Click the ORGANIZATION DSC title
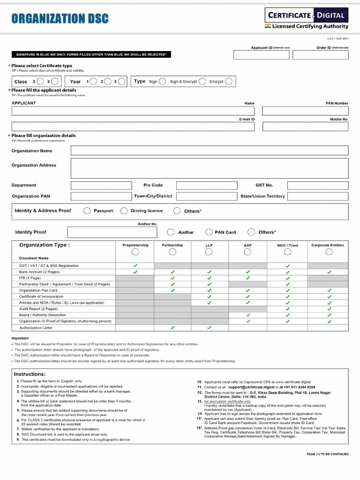click(60, 19)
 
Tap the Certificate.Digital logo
click(307, 19)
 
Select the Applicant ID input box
click(261, 55)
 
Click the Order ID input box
click(320, 55)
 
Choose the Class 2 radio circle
click(40, 82)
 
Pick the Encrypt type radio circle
click(228, 82)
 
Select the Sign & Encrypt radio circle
click(201, 82)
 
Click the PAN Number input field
click(305, 111)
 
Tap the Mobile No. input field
click(305, 127)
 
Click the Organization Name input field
click(209, 150)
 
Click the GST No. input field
click(317, 185)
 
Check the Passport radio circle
click(87, 211)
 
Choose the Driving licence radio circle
click(124, 211)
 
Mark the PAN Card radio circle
click(209, 232)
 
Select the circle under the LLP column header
click(209, 252)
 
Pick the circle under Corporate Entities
click(329, 252)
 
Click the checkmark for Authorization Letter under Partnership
click(172, 328)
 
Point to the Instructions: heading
click(30, 374)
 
